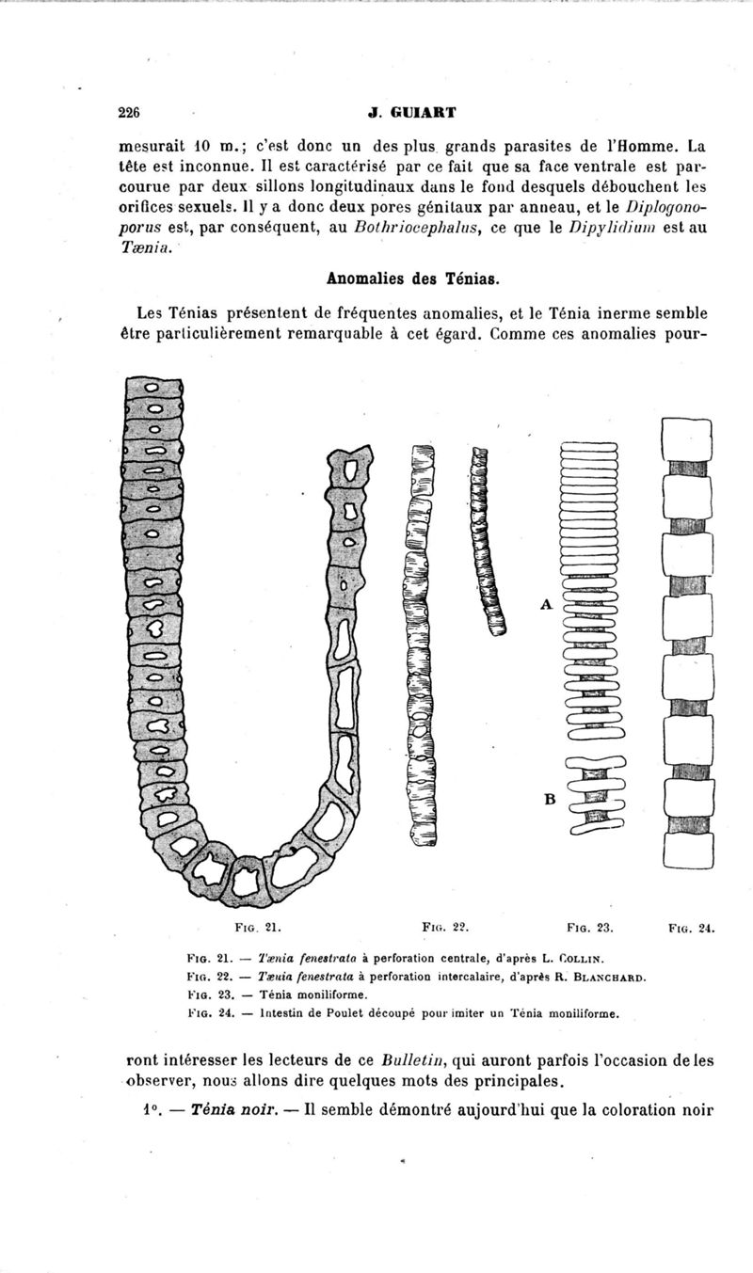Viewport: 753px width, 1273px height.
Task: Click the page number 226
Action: tap(129, 113)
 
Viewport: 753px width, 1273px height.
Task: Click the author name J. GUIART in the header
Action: tap(413, 113)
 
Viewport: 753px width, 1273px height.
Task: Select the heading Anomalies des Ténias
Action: tap(412, 279)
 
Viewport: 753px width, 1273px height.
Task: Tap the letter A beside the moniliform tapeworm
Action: tap(545, 605)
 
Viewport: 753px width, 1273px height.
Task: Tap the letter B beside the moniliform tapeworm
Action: tap(550, 799)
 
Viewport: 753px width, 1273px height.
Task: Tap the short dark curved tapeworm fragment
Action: tap(488, 541)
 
